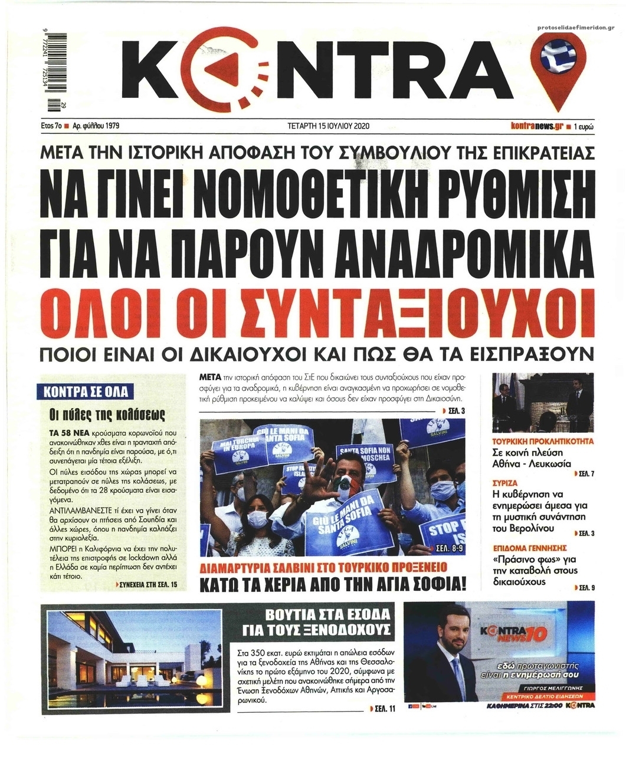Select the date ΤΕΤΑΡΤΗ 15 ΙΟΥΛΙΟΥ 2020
pos(325,126)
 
